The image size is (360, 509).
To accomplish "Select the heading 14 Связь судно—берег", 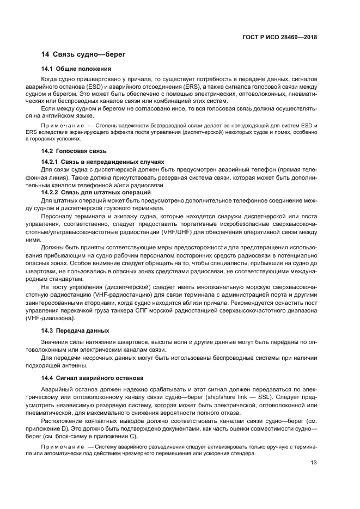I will click(x=84, y=54).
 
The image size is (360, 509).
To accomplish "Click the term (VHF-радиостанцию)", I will click(x=101, y=293).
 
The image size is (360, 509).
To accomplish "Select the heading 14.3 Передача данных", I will click(x=75, y=330).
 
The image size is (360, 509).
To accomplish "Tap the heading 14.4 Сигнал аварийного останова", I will click(x=93, y=378).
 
